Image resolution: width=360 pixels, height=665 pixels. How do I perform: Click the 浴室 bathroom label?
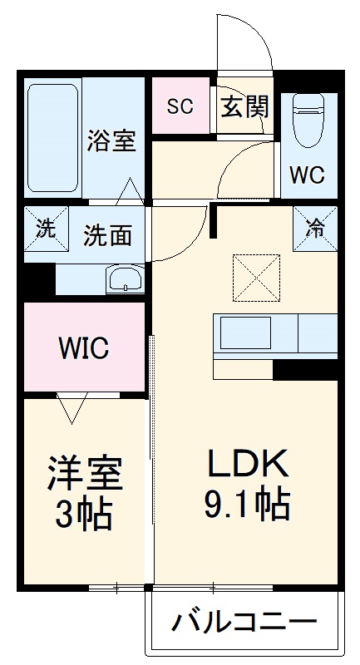pyautogui.click(x=111, y=140)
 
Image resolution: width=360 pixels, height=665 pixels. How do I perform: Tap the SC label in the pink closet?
pyautogui.click(x=180, y=106)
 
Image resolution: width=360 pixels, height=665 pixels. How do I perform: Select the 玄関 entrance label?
pyautogui.click(x=244, y=106)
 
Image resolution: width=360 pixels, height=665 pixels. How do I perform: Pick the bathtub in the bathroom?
pyautogui.click(x=53, y=137)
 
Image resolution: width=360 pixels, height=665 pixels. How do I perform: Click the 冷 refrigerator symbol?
pyautogui.click(x=315, y=226)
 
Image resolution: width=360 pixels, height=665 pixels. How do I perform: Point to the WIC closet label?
pyautogui.click(x=83, y=348)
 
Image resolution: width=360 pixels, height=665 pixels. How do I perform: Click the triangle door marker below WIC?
pyautogui.click(x=71, y=407)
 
